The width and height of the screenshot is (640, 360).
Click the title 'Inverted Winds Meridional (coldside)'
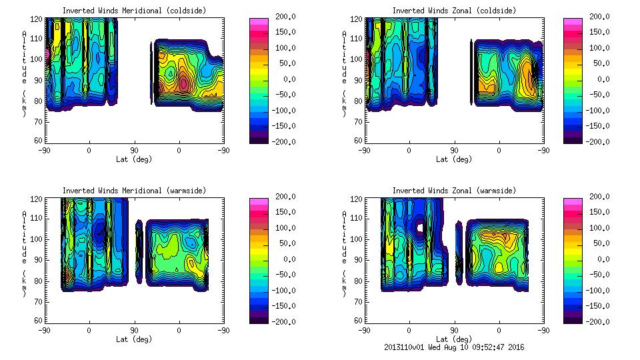(134, 11)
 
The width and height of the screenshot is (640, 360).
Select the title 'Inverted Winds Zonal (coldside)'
(454, 11)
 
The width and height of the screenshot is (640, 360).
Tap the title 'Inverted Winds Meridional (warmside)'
(134, 191)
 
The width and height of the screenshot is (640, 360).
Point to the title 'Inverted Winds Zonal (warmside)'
(454, 191)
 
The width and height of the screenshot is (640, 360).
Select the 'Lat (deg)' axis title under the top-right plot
(454, 159)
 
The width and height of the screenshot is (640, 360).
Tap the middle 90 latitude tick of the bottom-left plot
(134, 330)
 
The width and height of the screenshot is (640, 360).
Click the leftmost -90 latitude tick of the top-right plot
(364, 150)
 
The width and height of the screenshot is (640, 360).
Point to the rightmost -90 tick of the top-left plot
(223, 150)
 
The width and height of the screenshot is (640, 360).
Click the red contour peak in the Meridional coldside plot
(183, 84)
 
